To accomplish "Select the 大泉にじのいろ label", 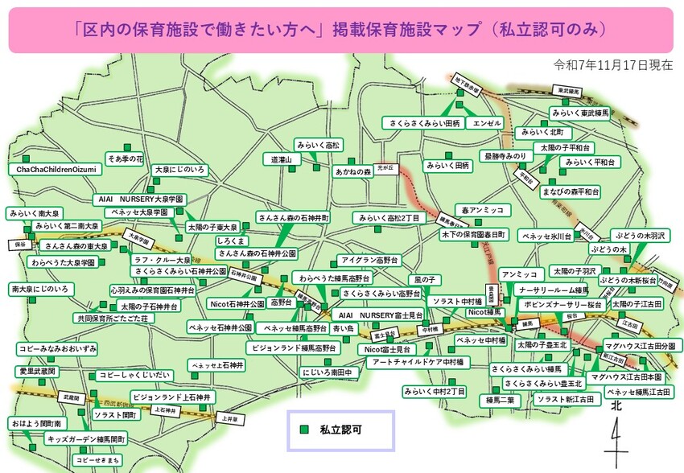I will pos(180,170).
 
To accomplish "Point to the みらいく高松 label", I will pos(318,144).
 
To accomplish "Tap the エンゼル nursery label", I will pos(488,123).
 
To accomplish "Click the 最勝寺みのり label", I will pos(505,155).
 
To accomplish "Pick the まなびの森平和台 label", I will pos(571,191).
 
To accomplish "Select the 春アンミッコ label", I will pos(483,210).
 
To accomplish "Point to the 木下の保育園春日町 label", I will pos(473,235).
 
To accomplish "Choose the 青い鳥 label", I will pos(343,328).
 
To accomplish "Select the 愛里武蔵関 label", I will pos(37,372).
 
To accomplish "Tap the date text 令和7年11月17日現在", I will pos(613,64).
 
